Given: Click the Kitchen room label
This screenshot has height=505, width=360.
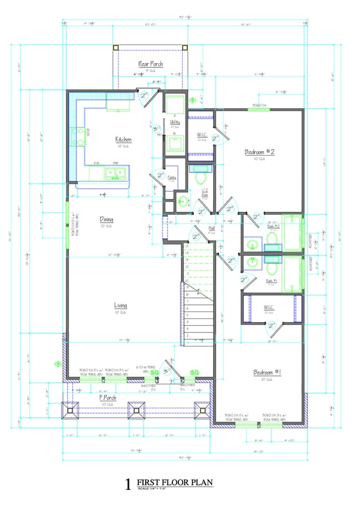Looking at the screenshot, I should pos(123,139).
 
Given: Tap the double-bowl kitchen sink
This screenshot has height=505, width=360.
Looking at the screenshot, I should pos(115,174).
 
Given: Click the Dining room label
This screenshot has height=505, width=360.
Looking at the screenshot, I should pos(106,219).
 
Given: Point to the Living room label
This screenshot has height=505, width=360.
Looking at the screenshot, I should pos(121,305).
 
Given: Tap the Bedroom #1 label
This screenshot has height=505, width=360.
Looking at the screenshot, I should pos(268,373).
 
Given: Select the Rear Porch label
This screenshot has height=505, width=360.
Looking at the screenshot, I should pos(150,64).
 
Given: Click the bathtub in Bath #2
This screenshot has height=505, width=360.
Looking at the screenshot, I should pos(292,233).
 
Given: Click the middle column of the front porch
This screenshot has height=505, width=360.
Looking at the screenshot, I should pos(135,411).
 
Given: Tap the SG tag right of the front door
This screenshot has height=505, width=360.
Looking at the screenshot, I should pos(194,372).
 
